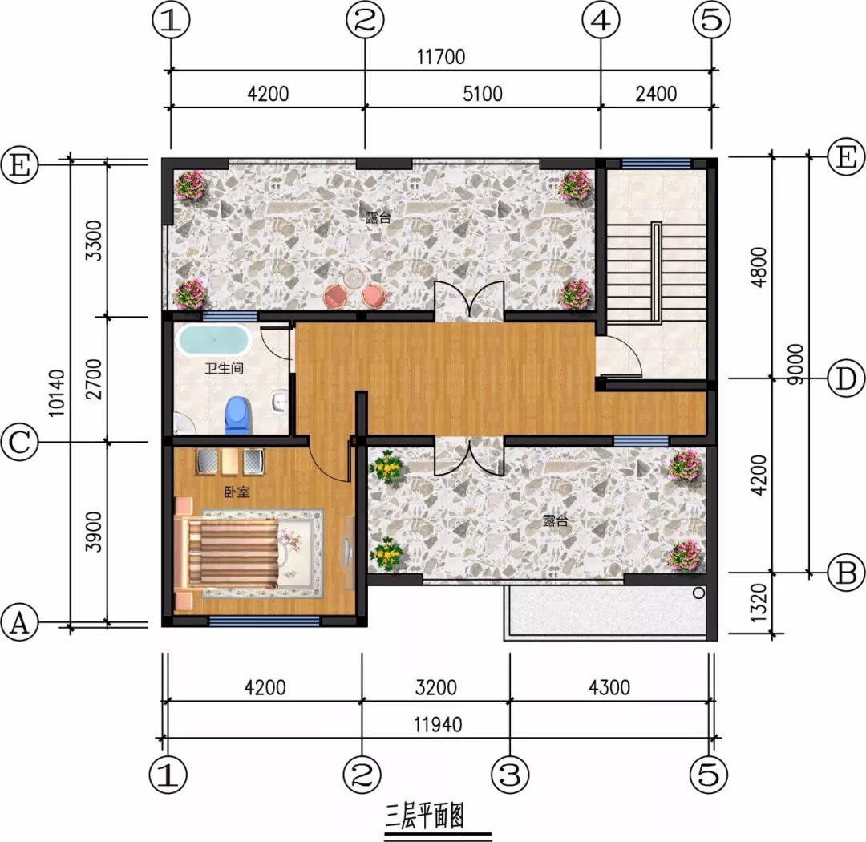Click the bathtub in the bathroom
[213, 340]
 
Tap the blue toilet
[238, 415]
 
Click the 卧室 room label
[237, 491]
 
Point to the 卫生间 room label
[224, 368]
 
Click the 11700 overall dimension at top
[441, 57]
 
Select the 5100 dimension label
[483, 94]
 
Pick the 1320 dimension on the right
[759, 603]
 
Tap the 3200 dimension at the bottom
[435, 688]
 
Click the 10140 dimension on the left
[56, 393]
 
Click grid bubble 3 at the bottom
[510, 774]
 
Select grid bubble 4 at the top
[601, 20]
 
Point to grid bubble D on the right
[846, 379]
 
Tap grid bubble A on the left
[20, 622]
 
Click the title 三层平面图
[425, 816]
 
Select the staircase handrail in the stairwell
[656, 271]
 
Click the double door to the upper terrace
[469, 300]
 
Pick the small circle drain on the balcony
[698, 593]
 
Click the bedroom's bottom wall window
[264, 621]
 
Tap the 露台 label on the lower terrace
[555, 520]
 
